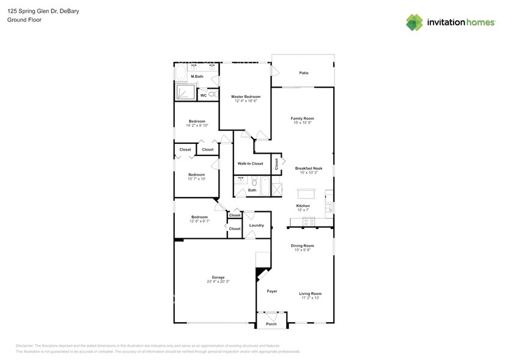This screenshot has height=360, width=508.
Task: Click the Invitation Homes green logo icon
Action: (414, 22)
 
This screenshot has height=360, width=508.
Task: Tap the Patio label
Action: (304, 73)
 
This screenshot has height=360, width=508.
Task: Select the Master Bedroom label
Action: (246, 97)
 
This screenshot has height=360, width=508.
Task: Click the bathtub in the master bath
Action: (181, 74)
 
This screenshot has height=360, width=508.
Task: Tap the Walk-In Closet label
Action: (250, 163)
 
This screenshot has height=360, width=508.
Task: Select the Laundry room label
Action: (257, 225)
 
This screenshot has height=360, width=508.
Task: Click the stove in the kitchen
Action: (309, 222)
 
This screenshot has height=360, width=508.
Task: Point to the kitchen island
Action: (304, 193)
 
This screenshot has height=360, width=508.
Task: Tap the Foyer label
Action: (272, 291)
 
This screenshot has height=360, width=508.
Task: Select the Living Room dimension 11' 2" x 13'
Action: (310, 298)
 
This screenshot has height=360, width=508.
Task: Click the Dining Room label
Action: (303, 246)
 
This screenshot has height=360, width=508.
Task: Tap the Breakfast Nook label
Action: (308, 168)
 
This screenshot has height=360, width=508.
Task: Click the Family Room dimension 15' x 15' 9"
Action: (302, 122)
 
